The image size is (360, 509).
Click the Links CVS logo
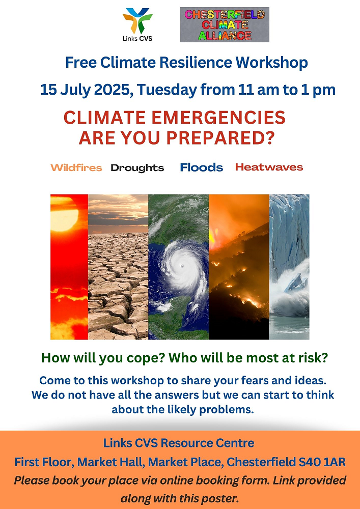pyautogui.click(x=137, y=24)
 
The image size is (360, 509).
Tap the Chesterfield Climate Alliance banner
pyautogui.click(x=225, y=24)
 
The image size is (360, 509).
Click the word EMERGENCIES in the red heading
pyautogui.click(x=218, y=118)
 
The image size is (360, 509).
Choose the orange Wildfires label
pyautogui.click(x=76, y=168)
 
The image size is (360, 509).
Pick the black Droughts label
pyautogui.click(x=137, y=168)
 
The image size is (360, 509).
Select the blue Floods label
pyautogui.click(x=202, y=167)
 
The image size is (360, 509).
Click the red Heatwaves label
pyautogui.click(x=269, y=167)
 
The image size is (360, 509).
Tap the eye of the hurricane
pyautogui.click(x=182, y=266)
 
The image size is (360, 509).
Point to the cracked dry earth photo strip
pyautogui.click(x=118, y=267)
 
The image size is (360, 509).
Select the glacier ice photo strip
pyautogui.click(x=289, y=267)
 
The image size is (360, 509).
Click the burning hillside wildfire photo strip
pyautogui.click(x=239, y=267)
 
